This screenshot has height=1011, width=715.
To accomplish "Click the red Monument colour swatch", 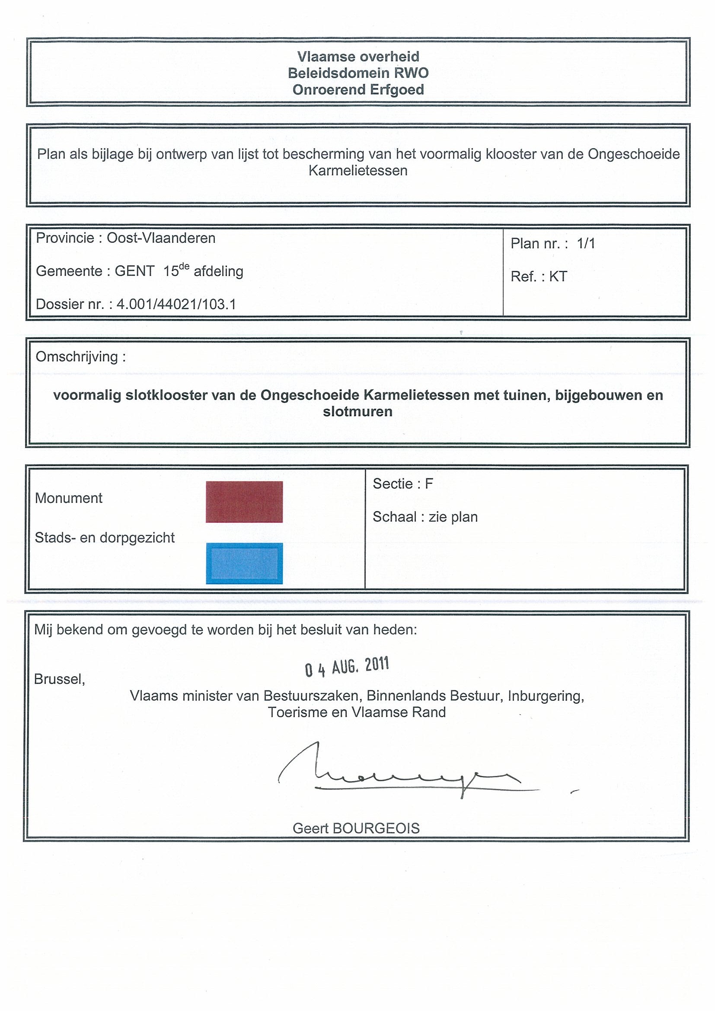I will [x=244, y=502].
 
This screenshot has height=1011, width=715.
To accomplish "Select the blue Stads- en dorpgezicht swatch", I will [x=244, y=563].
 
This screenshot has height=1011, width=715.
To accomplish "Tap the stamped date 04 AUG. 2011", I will [x=347, y=667].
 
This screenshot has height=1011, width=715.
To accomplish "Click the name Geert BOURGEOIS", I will [x=356, y=828].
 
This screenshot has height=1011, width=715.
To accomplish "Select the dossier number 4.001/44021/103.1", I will [x=176, y=304].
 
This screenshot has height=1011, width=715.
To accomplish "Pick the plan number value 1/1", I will [x=586, y=244].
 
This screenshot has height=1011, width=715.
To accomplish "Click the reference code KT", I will [x=558, y=277].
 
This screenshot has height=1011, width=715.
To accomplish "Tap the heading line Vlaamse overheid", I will [x=358, y=56].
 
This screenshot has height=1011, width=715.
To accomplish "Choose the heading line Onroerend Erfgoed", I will [x=358, y=90].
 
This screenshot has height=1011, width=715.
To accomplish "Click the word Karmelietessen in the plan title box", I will [x=358, y=170].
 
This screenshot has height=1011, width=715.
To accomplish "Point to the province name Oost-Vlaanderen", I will [x=161, y=238].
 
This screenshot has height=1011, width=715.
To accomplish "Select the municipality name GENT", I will [x=135, y=271].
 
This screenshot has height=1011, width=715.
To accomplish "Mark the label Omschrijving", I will [x=77, y=357].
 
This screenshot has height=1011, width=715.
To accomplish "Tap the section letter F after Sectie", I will [x=429, y=484].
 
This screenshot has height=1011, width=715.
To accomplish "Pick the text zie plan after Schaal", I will [x=453, y=517].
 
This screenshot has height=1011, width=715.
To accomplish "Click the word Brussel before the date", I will [x=59, y=679].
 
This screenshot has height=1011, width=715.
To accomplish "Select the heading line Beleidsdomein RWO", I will [x=358, y=73].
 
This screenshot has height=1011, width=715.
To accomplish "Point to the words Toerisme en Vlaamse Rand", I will [x=357, y=712].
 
